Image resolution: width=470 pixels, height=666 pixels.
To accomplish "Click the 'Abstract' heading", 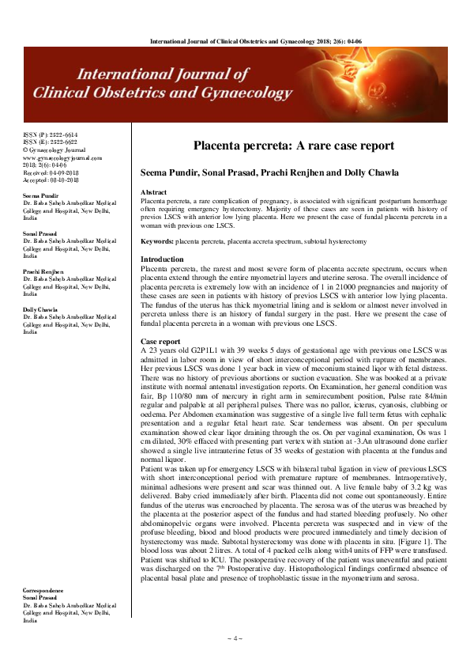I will [x=153, y=192].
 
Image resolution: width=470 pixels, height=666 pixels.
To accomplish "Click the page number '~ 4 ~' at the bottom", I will [x=235, y=638].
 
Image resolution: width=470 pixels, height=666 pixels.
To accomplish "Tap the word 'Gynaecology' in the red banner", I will [x=216, y=93].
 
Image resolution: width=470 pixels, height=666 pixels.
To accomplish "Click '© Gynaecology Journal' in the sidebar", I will [x=52, y=150].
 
